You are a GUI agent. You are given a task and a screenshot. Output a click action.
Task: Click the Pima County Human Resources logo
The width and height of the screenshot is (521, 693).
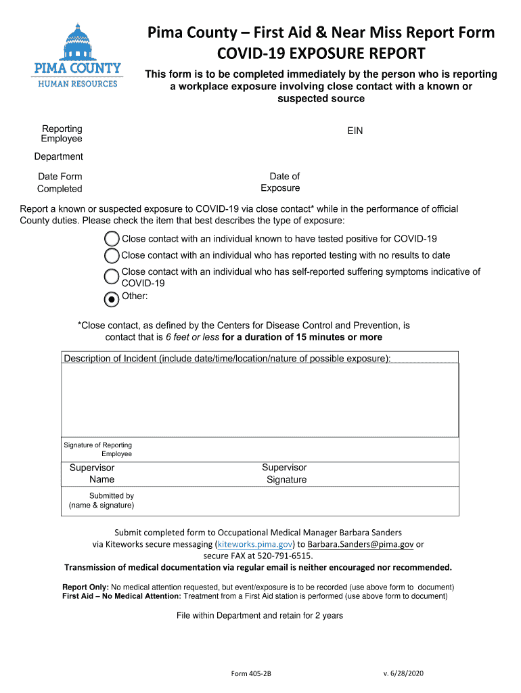click(78, 55)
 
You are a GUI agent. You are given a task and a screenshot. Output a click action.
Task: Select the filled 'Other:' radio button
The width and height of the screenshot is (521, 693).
click(112, 298)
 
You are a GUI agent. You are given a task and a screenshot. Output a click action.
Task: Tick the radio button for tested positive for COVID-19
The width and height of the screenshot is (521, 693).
click(112, 239)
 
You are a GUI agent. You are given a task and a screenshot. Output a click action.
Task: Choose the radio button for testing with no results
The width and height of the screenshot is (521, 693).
click(112, 256)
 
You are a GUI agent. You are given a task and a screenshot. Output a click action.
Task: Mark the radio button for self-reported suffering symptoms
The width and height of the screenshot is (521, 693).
click(112, 277)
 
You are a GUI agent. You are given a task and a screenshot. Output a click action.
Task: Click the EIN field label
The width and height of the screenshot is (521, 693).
click(355, 131)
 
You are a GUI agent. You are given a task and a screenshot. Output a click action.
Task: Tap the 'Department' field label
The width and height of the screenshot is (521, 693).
click(59, 157)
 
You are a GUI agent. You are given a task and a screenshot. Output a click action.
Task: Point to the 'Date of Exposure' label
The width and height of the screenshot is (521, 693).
click(281, 182)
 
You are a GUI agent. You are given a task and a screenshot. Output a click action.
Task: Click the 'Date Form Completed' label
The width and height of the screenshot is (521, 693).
click(60, 183)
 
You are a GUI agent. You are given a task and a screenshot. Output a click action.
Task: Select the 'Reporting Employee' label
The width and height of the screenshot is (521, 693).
click(62, 133)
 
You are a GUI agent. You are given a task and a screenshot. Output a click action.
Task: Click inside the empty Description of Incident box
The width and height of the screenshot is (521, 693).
click(260, 399)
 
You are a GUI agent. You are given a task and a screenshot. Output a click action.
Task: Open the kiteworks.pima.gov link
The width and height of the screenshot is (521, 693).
click(254, 544)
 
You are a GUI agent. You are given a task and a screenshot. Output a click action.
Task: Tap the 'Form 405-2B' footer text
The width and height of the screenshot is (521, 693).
click(251, 674)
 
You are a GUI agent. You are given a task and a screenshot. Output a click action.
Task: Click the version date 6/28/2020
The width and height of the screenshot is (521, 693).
click(403, 673)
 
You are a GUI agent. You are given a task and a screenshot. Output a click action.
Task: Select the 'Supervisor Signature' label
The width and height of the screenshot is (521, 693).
click(285, 474)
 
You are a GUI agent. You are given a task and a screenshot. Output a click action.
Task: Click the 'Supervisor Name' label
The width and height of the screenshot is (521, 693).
click(92, 474)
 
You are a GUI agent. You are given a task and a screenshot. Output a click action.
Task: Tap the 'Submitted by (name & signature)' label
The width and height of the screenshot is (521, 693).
click(101, 500)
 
